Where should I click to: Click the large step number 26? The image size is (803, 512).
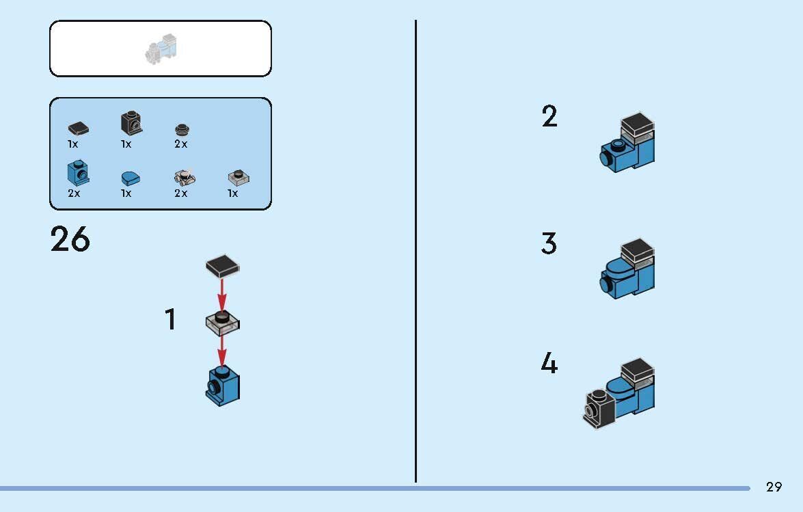pyautogui.click(x=70, y=239)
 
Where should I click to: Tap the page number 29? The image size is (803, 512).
pyautogui.click(x=774, y=487)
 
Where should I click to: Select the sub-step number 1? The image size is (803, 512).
pyautogui.click(x=171, y=319)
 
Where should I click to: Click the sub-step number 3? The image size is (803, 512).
pyautogui.click(x=549, y=243)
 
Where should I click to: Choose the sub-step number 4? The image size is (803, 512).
pyautogui.click(x=549, y=364)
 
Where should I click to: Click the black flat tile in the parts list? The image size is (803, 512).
pyautogui.click(x=78, y=129)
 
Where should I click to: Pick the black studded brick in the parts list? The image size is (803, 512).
pyautogui.click(x=132, y=123)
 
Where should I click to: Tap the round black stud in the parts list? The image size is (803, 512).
pyautogui.click(x=182, y=129)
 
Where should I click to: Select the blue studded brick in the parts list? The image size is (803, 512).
pyautogui.click(x=78, y=173)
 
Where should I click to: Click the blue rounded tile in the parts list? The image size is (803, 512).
pyautogui.click(x=131, y=178)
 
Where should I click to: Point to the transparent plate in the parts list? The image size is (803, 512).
pyautogui.click(x=239, y=177)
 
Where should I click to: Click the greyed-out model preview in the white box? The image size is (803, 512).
pyautogui.click(x=161, y=49)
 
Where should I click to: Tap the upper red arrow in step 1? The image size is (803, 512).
pyautogui.click(x=221, y=294)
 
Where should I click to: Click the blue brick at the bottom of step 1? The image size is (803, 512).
pyautogui.click(x=223, y=386)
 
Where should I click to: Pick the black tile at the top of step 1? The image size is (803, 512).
pyautogui.click(x=222, y=266)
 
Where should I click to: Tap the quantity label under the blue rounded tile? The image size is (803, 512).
pyautogui.click(x=126, y=193)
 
